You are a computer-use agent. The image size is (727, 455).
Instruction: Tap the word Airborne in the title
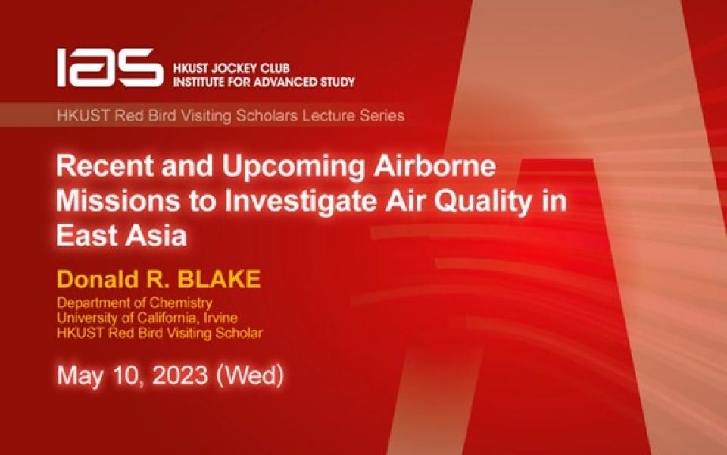pyautogui.click(x=423, y=166)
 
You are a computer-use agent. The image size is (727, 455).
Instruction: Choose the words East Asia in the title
pyautogui.click(x=122, y=234)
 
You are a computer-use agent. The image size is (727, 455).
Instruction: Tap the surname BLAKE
pyautogui.click(x=220, y=280)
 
